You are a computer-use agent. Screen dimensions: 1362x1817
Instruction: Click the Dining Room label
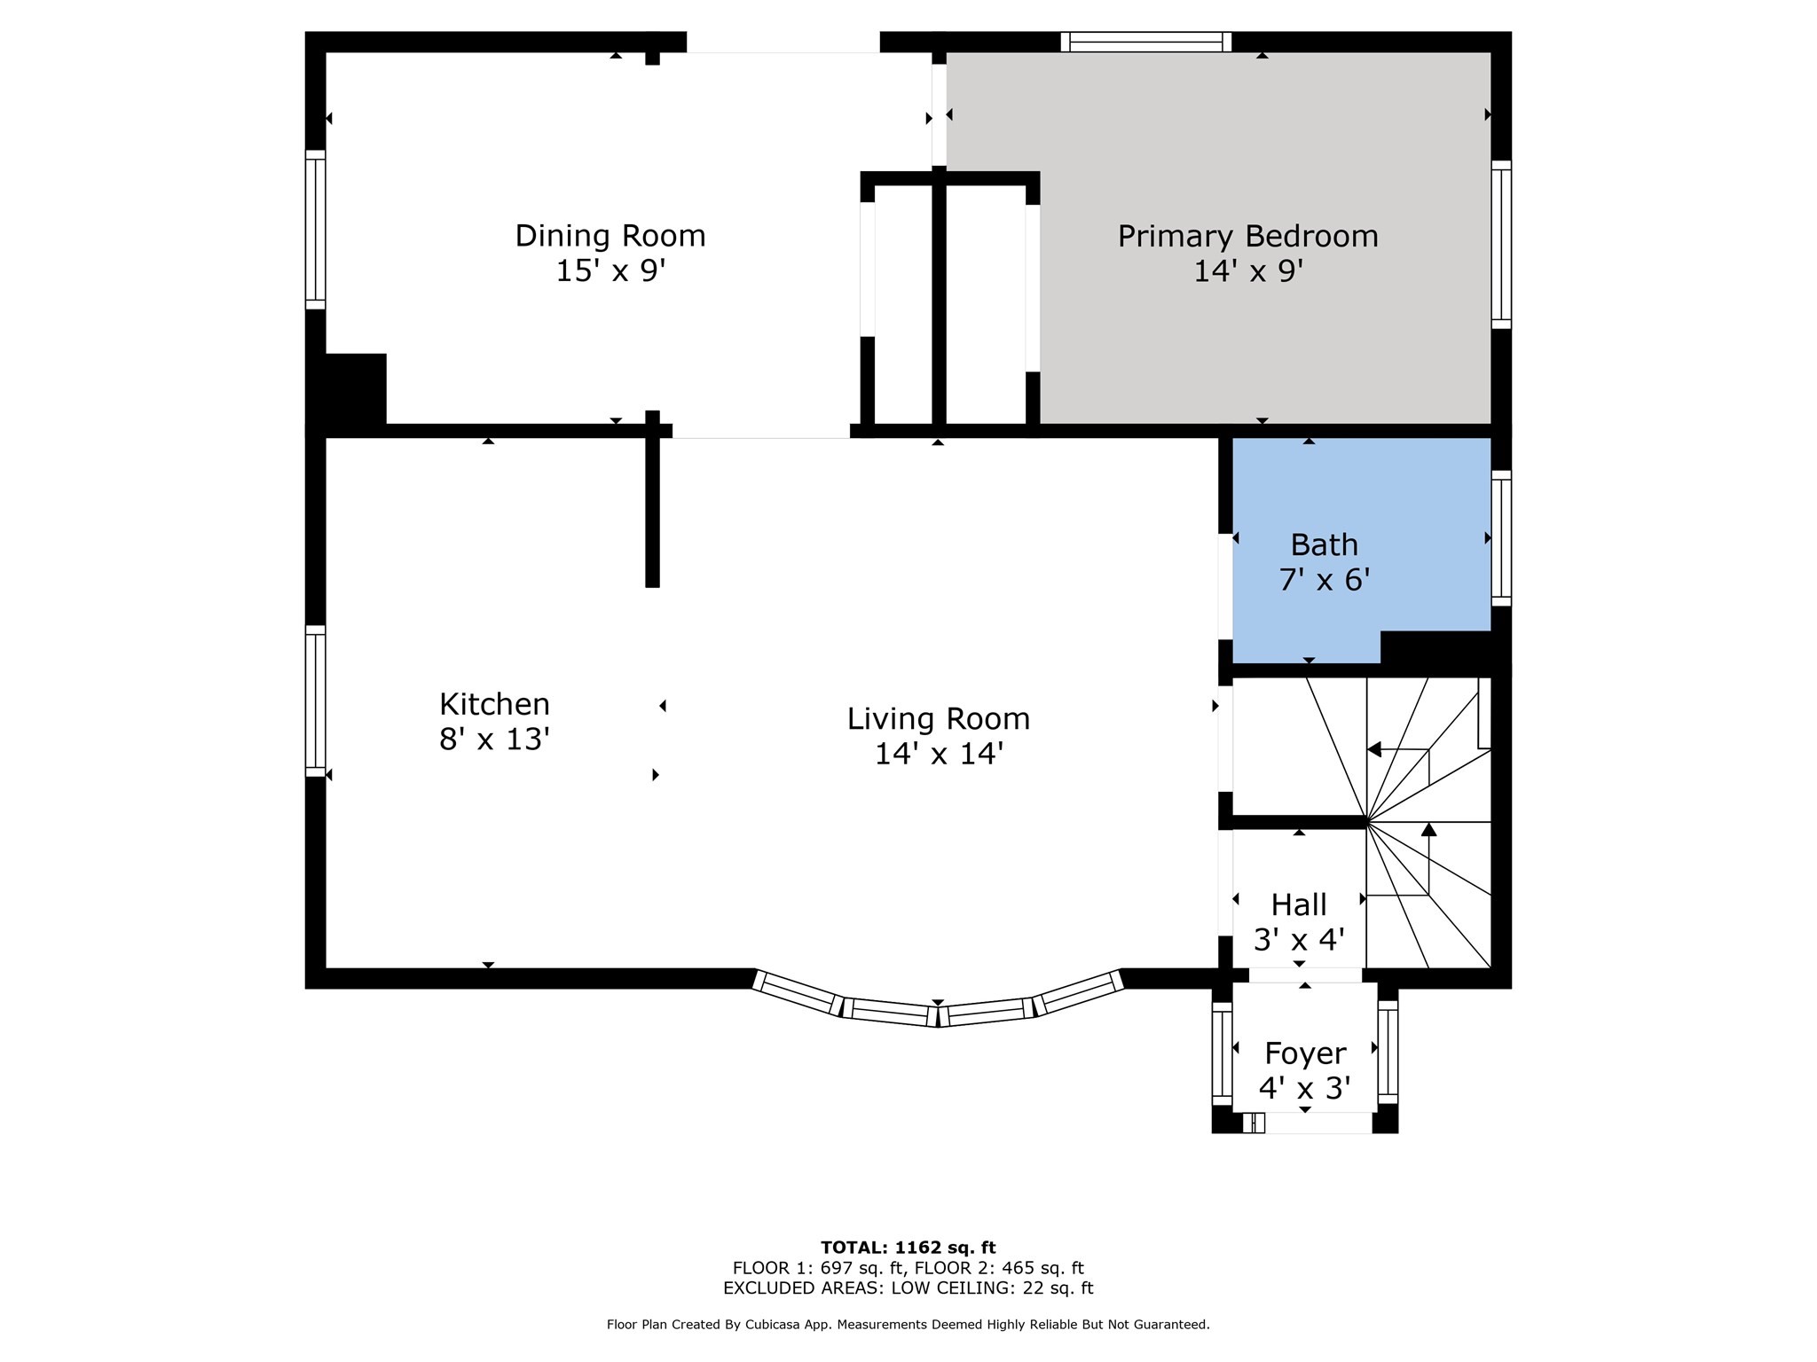610,236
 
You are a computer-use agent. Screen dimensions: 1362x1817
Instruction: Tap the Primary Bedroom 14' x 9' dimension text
1247,270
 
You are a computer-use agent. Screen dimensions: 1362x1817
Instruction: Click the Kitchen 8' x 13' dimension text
494,739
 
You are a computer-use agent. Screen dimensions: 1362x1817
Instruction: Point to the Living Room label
939,718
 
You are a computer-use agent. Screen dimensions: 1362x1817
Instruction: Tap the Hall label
1299,904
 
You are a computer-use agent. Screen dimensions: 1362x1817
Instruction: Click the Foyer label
1305,1053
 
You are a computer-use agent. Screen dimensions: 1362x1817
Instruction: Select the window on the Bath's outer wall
1500,538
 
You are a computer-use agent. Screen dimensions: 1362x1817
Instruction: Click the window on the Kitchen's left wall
315,701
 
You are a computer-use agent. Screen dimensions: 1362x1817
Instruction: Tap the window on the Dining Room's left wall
315,230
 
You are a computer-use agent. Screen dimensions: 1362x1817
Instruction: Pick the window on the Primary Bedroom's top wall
1146,42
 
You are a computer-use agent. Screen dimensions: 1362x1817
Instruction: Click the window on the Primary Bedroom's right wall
1500,245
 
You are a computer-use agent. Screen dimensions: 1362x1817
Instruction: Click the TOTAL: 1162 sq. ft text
908,1248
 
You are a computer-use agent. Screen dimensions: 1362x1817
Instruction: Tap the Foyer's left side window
1222,1053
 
